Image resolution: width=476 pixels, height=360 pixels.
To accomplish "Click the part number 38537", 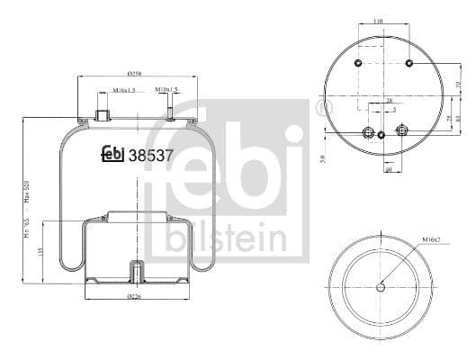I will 152,154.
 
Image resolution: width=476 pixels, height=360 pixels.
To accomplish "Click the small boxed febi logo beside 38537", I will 112,154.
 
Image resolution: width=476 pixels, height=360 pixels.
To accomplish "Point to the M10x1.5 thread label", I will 166,91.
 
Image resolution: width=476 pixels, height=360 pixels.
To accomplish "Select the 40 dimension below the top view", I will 387,167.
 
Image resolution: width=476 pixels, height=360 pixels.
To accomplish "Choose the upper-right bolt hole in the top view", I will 409,63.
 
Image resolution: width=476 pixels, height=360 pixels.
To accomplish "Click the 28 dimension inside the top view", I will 389,101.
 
